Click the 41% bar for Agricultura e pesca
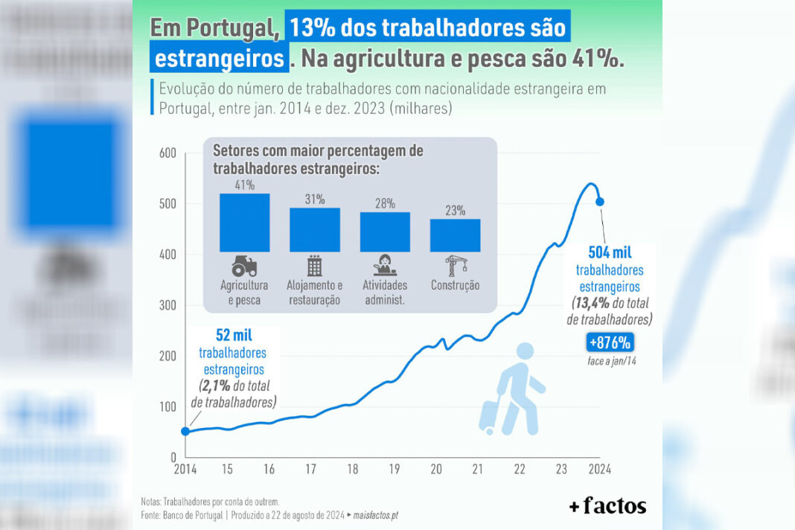pyautogui.click(x=244, y=223)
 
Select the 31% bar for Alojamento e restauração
pyautogui.click(x=315, y=230)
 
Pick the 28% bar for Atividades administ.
pyautogui.click(x=385, y=232)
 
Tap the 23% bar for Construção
pyautogui.click(x=456, y=235)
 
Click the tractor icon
pyautogui.click(x=244, y=266)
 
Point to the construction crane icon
pyautogui.click(x=456, y=266)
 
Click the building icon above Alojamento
pyautogui.click(x=314, y=266)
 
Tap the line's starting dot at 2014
pyautogui.click(x=185, y=431)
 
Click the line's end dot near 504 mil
pyautogui.click(x=600, y=202)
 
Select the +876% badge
pyautogui.click(x=610, y=342)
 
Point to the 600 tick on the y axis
pyautogui.click(x=167, y=153)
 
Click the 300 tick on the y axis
pyautogui.click(x=167, y=304)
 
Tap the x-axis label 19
pyautogui.click(x=395, y=469)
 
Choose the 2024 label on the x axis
pyautogui.click(x=600, y=469)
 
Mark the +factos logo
pyautogui.click(x=607, y=505)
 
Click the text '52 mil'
pyautogui.click(x=234, y=335)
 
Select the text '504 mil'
pyautogui.click(x=610, y=252)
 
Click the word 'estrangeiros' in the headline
pyautogui.click(x=220, y=58)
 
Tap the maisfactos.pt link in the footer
pyautogui.click(x=376, y=515)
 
